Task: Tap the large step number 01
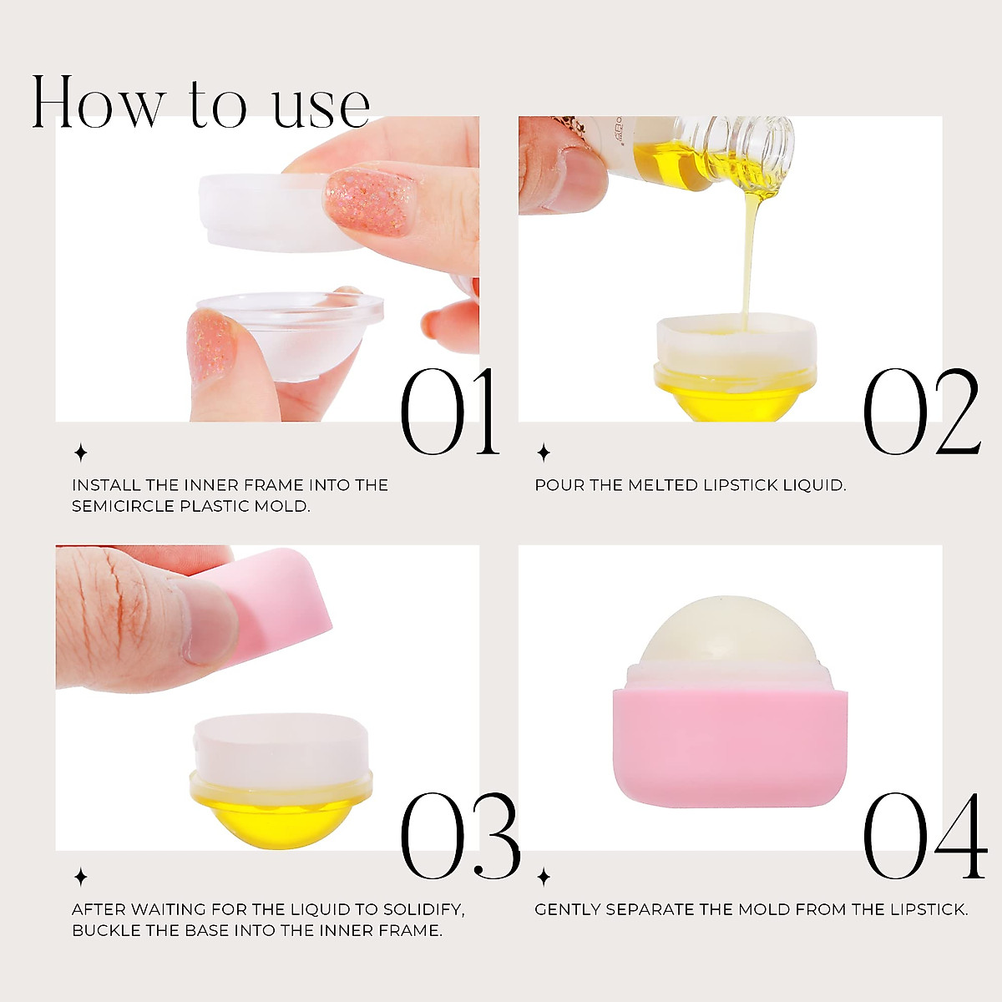tap(448, 413)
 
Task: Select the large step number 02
tap(920, 413)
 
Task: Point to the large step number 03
tap(459, 838)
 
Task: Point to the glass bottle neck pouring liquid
tap(751, 146)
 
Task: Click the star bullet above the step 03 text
tap(81, 877)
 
